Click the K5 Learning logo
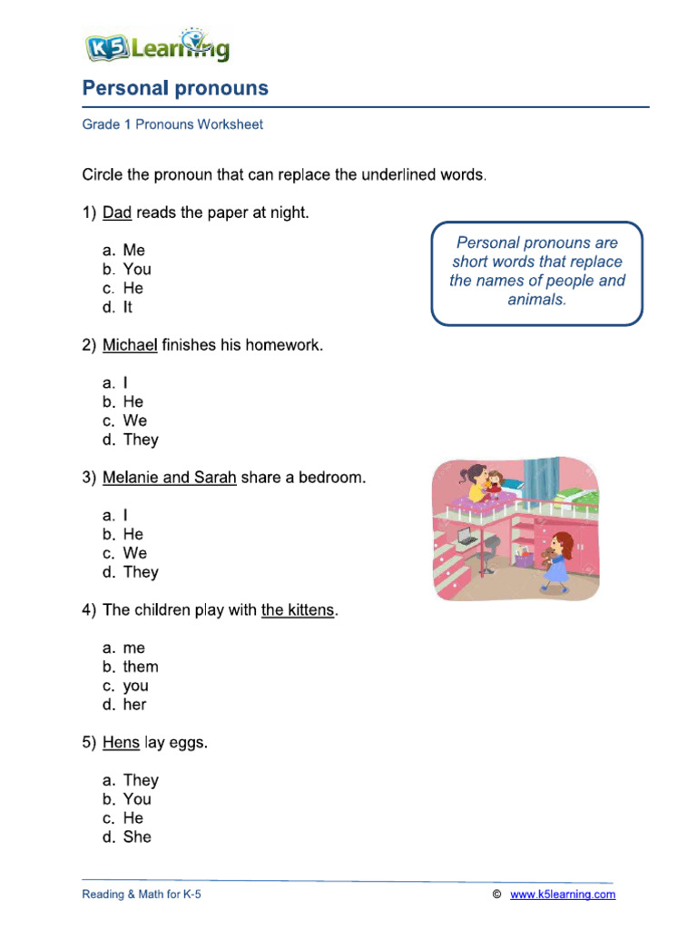tap(156, 46)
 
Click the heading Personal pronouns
tap(175, 88)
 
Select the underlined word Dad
tap(117, 213)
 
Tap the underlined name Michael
tap(130, 345)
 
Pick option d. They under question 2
tap(131, 440)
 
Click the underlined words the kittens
tap(298, 610)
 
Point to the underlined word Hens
tap(121, 743)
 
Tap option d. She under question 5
tap(127, 837)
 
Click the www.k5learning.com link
tap(563, 895)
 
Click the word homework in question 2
tap(287, 345)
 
